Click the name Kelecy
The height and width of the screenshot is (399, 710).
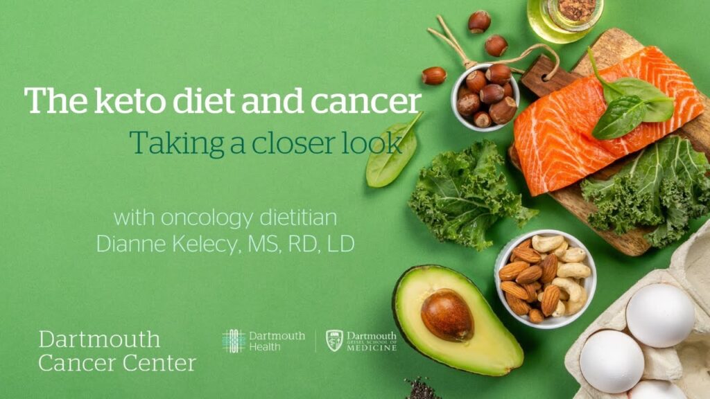[x=205, y=245]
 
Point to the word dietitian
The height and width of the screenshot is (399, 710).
[x=298, y=218]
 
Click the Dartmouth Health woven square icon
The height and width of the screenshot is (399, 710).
[x=234, y=341]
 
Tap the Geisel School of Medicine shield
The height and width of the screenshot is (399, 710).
[x=335, y=341]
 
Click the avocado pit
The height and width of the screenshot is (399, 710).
[x=447, y=315]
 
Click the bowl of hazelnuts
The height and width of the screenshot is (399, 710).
[x=485, y=97]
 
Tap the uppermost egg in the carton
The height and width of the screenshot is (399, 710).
[x=660, y=315]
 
